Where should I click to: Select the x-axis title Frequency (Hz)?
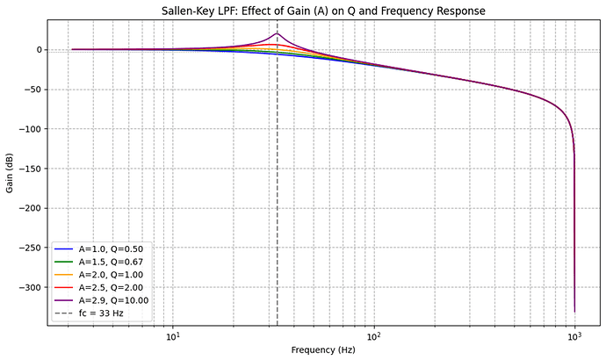[x=322, y=349]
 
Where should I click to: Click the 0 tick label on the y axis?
[x=39, y=50]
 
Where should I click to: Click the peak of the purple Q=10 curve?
[x=278, y=34]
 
